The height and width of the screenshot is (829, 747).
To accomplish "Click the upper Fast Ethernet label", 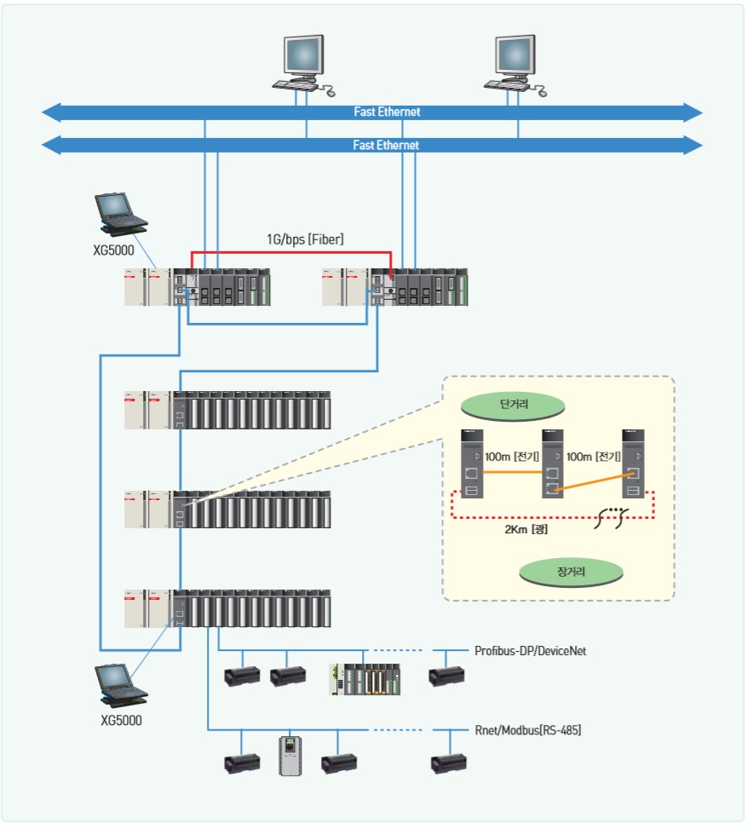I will point(387,112).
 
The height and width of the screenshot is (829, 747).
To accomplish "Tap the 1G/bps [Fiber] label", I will point(304,240).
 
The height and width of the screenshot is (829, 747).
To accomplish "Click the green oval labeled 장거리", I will point(572,571).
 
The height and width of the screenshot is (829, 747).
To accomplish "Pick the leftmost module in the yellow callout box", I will point(472,462).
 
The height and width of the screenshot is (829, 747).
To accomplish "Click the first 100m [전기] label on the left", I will point(511,457).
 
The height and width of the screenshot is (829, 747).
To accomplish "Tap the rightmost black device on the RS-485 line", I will point(446,762).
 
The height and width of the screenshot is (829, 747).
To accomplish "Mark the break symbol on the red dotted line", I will point(612,515).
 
